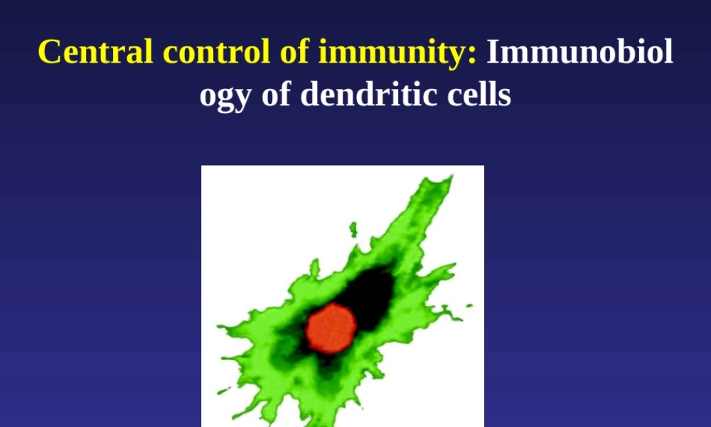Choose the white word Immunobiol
pos(579,52)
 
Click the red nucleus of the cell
pos(331,327)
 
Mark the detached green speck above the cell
pos(353,229)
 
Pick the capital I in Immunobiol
pos(493,52)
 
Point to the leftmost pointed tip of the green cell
pos(219,328)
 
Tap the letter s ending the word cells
pos(505,95)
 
